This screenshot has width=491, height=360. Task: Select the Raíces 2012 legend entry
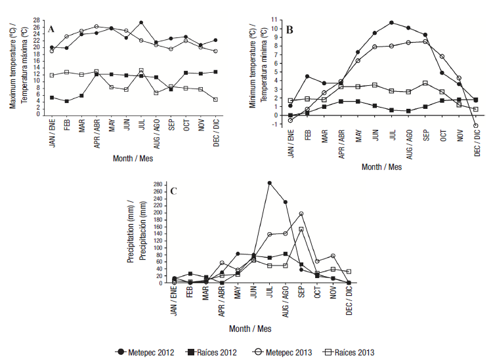click(212, 352)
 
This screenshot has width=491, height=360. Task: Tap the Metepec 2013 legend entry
click(284, 352)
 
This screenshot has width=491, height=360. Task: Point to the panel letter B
click(289, 30)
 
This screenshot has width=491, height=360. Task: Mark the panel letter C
click(173, 191)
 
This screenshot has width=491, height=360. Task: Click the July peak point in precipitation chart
click(269, 183)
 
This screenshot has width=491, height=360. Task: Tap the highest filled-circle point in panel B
click(391, 22)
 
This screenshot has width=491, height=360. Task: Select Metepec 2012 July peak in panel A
click(141, 22)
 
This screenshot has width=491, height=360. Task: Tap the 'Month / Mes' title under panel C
click(251, 328)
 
